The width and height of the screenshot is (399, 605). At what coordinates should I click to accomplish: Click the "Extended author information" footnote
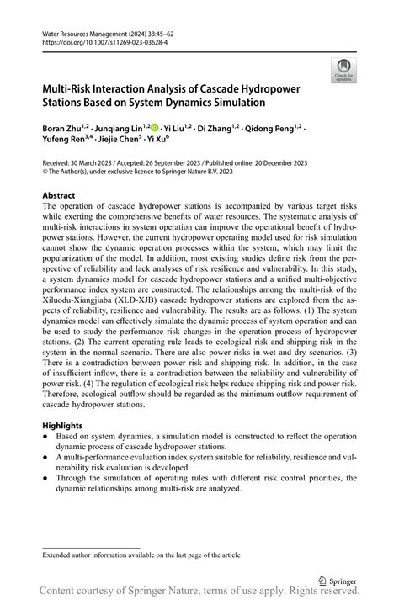[x=130, y=555]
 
